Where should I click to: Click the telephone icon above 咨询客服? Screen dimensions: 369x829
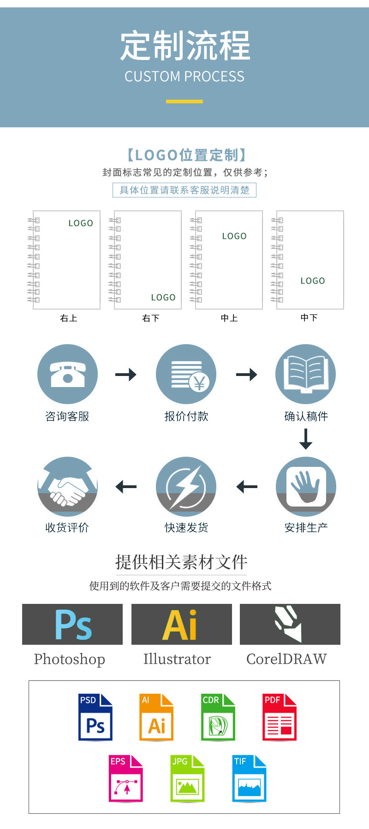67,374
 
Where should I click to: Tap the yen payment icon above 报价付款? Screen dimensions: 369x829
186,374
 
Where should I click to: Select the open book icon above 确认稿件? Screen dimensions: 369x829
305,374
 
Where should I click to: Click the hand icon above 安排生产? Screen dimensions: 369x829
306,487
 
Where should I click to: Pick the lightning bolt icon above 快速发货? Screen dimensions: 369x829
186,487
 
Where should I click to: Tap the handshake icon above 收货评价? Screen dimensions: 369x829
67,487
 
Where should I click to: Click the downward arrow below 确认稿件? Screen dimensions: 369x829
306,439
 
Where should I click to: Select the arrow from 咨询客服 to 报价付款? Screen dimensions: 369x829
126,374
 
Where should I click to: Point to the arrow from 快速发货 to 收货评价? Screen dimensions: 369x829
126,487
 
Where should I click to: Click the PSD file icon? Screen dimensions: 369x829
95,717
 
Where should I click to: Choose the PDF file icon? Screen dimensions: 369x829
280,717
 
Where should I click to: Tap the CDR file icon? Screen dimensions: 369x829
218,717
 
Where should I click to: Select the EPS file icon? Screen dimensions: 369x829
126,778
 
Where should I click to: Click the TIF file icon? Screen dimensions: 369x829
249,778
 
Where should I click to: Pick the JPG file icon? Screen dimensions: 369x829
187,778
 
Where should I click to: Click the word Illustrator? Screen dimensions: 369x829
177,659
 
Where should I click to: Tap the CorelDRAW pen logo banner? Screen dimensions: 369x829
290,624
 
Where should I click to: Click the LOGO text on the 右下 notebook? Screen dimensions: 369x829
163,298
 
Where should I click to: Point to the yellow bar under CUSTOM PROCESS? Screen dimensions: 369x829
184,101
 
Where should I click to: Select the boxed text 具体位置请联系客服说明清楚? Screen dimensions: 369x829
184,190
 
